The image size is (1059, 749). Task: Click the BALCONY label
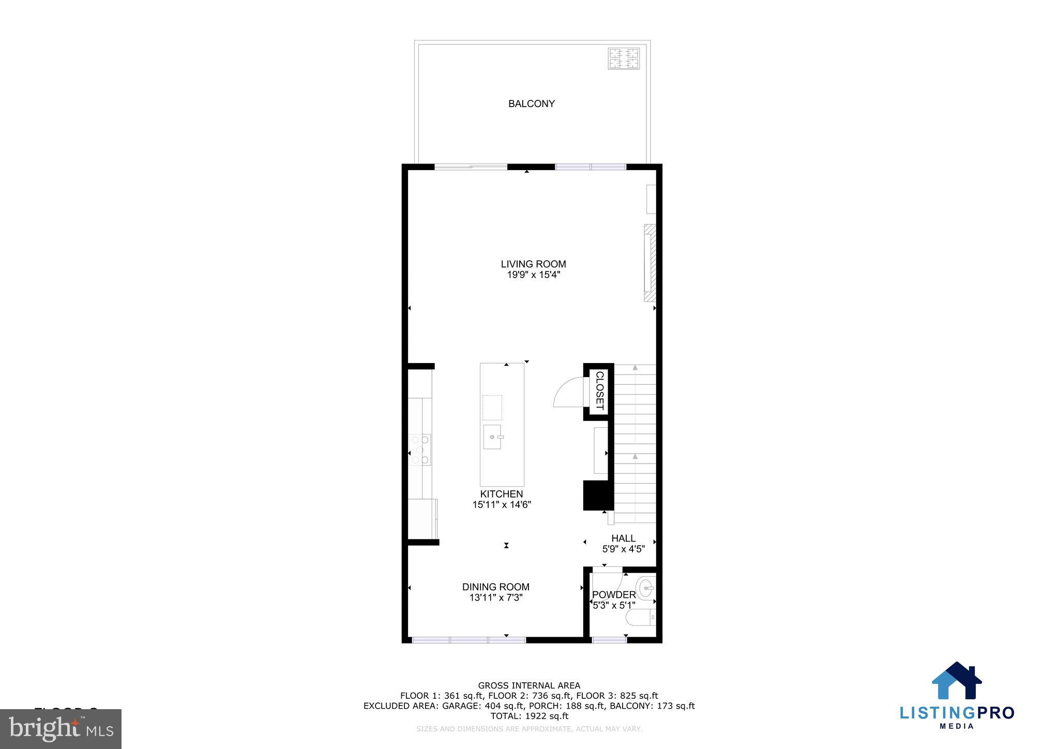531,104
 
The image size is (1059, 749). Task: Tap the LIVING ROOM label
533,264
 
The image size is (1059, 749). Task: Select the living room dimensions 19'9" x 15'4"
533,275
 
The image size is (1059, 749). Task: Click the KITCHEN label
501,494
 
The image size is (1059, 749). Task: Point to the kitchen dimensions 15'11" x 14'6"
502,505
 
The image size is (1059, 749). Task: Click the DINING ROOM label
495,587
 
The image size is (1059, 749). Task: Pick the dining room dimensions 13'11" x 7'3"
495,598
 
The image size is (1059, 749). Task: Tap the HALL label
623,538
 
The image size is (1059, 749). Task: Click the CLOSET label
600,391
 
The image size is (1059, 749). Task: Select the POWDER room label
614,595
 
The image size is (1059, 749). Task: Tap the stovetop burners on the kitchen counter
420,450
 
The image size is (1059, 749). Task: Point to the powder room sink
646,588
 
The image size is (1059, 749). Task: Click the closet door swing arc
567,392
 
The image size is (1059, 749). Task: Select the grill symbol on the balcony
624,58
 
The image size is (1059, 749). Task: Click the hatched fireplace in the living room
649,263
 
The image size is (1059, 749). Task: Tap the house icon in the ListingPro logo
956,681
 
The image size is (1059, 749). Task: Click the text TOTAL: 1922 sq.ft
529,716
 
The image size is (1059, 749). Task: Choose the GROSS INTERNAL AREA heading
529,686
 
